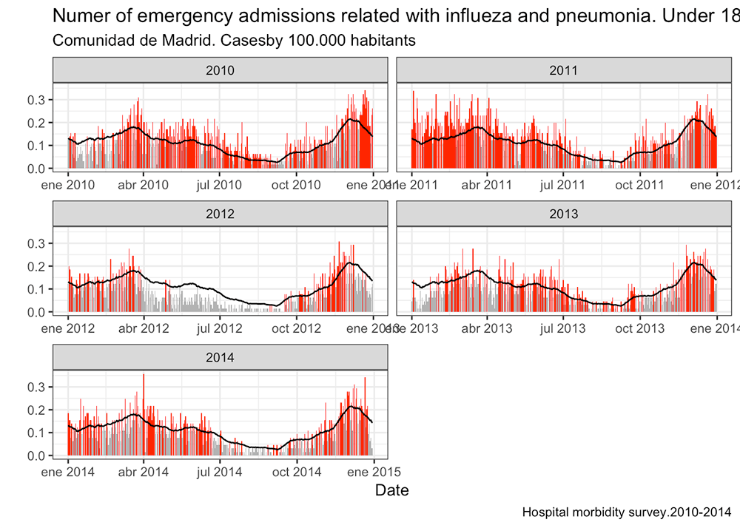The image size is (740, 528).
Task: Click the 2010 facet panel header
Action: click(221, 71)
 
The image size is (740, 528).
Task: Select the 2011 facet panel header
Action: click(563, 71)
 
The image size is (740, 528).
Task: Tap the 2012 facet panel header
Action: click(221, 214)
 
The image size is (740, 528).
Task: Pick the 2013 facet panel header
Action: click(563, 214)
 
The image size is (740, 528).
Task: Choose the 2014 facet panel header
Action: click(221, 358)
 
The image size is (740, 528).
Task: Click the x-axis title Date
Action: click(391, 490)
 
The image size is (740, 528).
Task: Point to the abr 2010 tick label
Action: click(144, 185)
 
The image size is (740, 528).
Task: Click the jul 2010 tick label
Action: click(220, 185)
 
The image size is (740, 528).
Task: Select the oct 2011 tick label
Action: click(639, 185)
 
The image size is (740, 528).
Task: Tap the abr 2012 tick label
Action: click(144, 328)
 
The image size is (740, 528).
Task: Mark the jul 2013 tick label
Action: click(563, 328)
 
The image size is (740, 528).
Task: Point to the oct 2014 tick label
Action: click(296, 472)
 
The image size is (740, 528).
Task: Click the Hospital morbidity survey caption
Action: click(626, 512)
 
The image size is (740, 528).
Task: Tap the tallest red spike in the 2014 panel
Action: click(144, 376)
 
